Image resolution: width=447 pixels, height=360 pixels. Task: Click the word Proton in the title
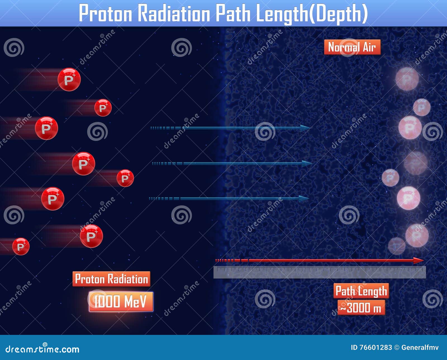[105, 13]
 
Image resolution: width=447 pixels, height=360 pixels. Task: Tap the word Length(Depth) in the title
[312, 13]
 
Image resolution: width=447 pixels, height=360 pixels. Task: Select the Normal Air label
[352, 47]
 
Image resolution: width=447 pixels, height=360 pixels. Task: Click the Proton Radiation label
[111, 279]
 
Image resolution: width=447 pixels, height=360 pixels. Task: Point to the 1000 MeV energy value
[121, 301]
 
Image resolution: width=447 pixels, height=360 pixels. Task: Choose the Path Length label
[361, 291]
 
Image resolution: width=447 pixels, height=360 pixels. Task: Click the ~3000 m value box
[361, 308]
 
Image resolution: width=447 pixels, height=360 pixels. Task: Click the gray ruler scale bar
[320, 272]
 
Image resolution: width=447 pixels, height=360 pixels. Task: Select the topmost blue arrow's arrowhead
[305, 128]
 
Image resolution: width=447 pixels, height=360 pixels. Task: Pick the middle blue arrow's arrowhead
[307, 164]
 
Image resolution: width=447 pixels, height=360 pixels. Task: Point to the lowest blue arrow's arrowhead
[304, 199]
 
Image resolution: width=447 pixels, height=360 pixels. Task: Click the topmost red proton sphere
[69, 80]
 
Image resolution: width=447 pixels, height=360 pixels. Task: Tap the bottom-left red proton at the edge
[21, 246]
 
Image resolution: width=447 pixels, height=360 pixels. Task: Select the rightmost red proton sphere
[125, 178]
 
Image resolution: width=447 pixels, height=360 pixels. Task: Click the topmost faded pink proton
[407, 79]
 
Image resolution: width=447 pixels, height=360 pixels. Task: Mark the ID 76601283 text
[371, 347]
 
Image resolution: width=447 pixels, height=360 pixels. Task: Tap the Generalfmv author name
[420, 347]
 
